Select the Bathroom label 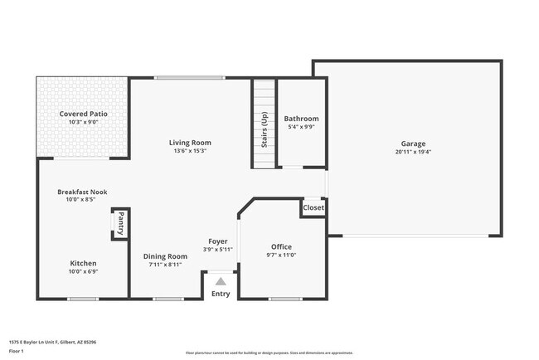301,119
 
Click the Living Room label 190,142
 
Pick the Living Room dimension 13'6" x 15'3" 190,151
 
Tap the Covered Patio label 83,114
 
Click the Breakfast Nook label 82,192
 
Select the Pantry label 119,224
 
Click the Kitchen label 82,262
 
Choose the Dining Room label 166,256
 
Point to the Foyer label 219,241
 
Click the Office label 281,246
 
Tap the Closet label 313,208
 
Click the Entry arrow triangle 221,282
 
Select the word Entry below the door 221,294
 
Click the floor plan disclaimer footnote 269,353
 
